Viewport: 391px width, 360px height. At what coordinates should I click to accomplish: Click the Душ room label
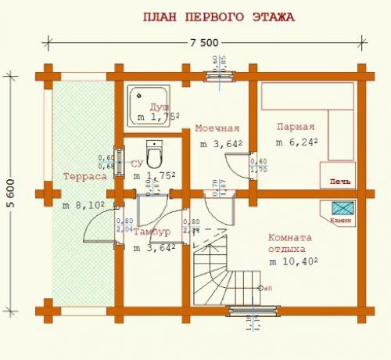coord(160,106)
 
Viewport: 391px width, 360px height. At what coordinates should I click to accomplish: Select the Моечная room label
coord(217,128)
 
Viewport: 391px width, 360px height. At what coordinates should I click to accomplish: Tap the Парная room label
coord(296,127)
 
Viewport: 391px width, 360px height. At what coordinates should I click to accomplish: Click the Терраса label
coord(84,177)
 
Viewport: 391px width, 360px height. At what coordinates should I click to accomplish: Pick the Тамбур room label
coord(152,233)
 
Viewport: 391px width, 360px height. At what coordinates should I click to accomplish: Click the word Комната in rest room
coord(289,238)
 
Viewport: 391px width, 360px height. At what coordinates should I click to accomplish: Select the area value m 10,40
coord(295,261)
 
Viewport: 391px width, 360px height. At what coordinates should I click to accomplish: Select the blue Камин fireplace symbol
coord(343,208)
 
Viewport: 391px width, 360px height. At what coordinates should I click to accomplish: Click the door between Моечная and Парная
coord(236,163)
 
